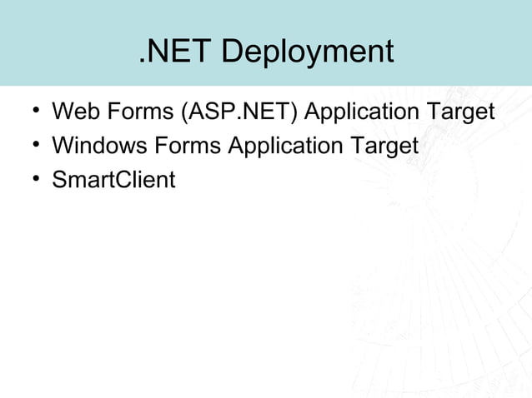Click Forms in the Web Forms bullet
[x=143, y=112]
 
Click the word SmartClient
[x=114, y=180]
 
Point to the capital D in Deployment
[x=233, y=52]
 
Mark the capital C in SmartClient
[x=125, y=180]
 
